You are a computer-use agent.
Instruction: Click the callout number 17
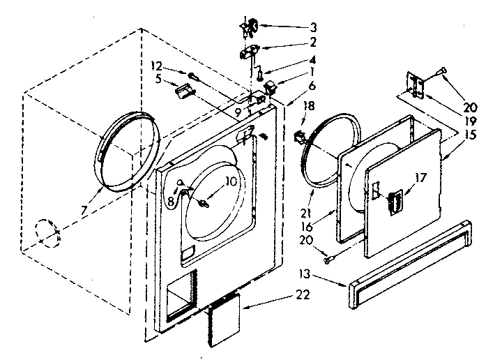click(421, 178)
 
